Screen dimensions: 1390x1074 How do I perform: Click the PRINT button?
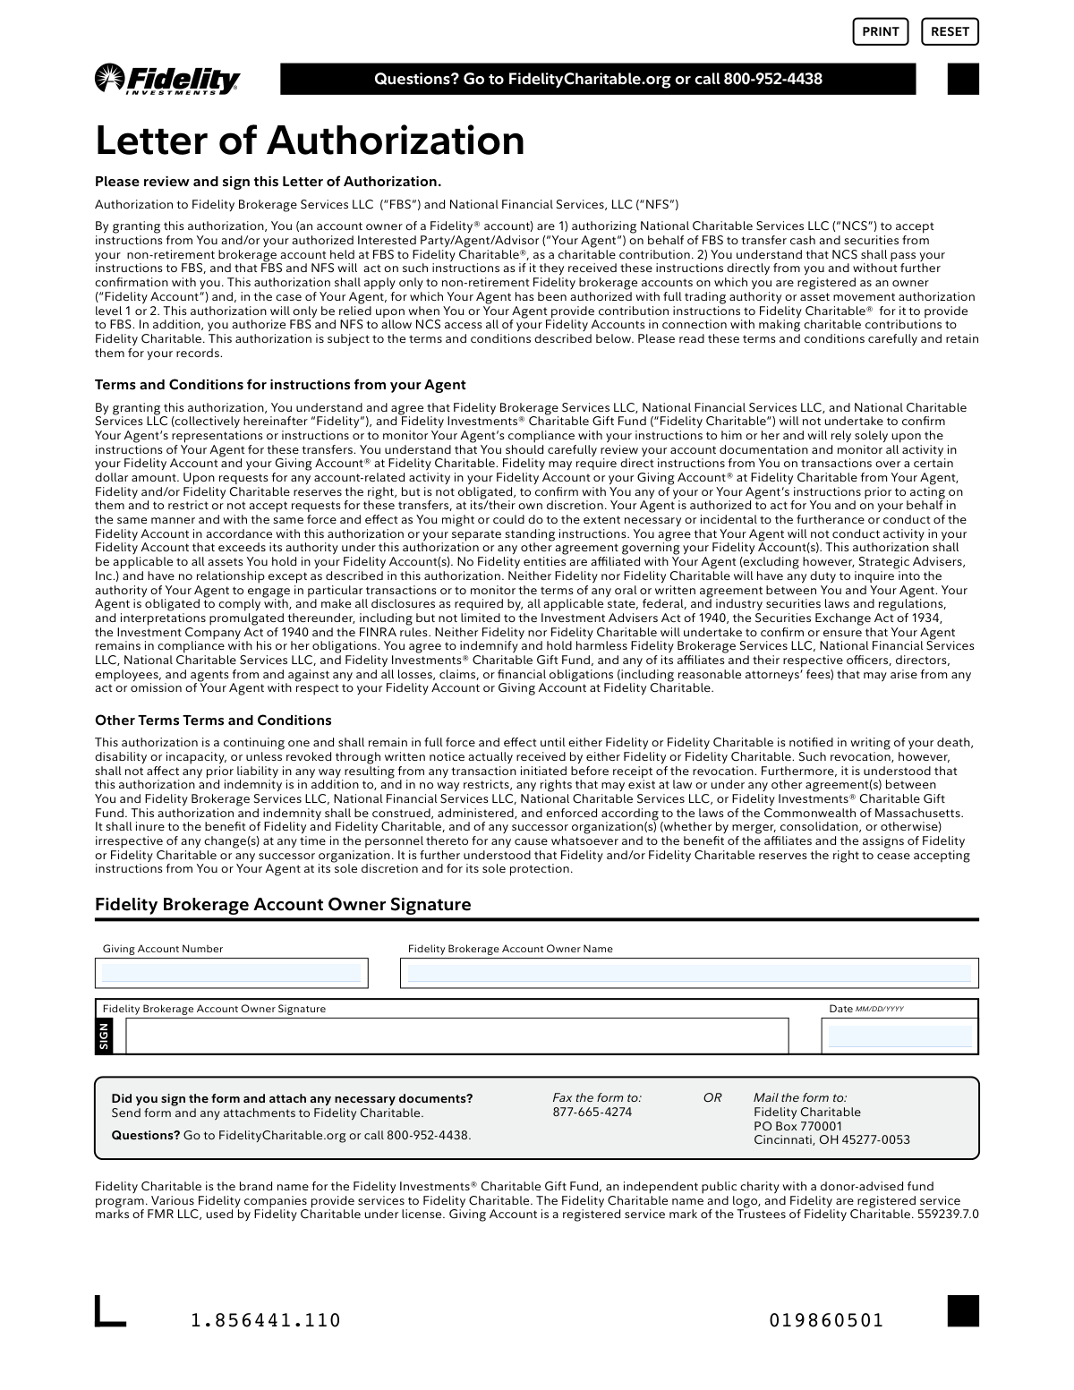[880, 31]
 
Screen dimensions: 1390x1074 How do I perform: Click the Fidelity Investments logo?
[167, 79]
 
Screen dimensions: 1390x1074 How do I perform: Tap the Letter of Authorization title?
[310, 141]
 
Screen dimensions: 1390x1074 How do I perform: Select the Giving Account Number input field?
[231, 973]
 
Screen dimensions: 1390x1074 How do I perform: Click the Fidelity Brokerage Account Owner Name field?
[688, 973]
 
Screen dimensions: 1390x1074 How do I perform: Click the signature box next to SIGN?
[456, 1036]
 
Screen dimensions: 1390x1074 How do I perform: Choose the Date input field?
[899, 1036]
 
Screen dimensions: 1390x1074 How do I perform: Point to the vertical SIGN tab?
[104, 1036]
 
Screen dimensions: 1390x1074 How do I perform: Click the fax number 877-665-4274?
[592, 1112]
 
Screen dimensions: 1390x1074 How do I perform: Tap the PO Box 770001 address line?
[797, 1126]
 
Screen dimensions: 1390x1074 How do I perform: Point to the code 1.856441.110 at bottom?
[266, 1320]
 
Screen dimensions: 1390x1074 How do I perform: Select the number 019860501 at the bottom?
[826, 1320]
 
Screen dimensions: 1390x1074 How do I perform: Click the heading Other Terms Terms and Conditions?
[213, 721]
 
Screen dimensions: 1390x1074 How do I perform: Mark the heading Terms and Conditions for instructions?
[280, 385]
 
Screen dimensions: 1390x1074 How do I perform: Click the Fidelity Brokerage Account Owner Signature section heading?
[283, 905]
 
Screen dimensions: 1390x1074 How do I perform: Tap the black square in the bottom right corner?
[963, 1310]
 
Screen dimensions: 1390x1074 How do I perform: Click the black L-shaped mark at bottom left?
[109, 1311]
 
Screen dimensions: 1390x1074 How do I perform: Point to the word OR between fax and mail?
[712, 1097]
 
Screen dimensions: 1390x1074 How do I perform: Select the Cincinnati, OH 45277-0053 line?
[831, 1139]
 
